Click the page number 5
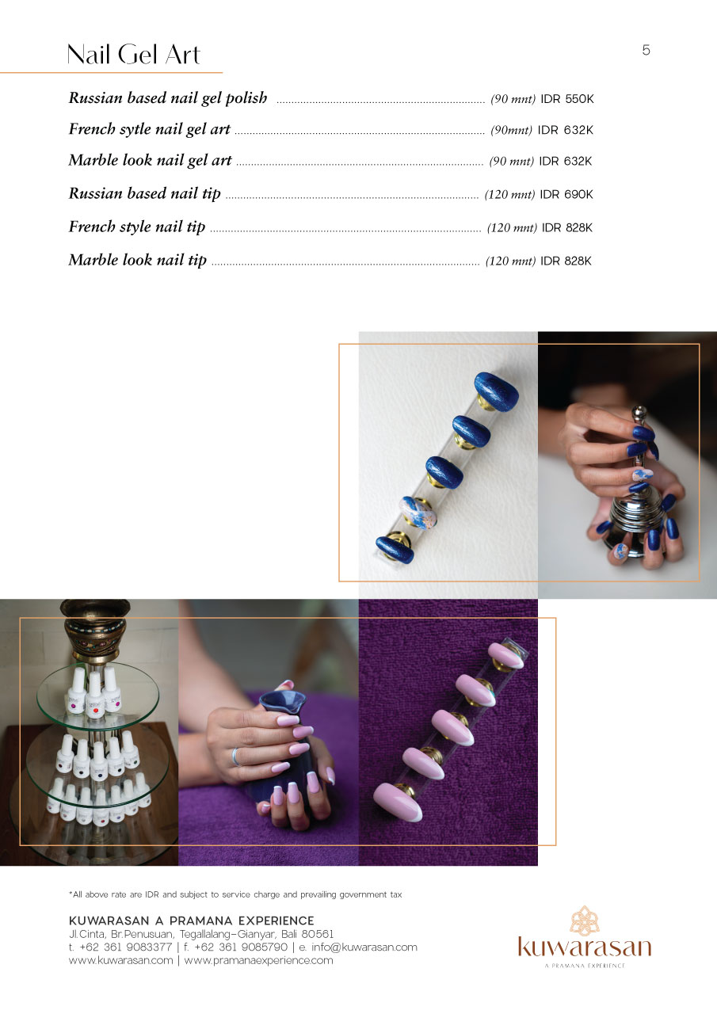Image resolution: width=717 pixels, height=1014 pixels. click(646, 50)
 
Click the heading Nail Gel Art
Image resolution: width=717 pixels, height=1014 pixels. click(133, 55)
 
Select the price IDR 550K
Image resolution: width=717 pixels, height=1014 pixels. click(566, 99)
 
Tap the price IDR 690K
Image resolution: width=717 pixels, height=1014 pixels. click(566, 195)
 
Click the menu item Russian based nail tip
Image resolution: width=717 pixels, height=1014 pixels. click(144, 194)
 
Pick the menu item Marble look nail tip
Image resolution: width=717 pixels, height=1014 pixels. click(138, 261)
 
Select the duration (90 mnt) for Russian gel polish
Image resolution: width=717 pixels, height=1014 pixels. click(513, 99)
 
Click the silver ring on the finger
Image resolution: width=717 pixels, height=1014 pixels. click(235, 757)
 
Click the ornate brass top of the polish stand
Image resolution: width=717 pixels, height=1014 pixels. click(94, 631)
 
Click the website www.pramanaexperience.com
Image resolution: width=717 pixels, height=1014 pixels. click(258, 960)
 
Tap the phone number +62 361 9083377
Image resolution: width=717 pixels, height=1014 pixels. click(125, 947)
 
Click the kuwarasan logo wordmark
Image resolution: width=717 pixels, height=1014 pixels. click(585, 946)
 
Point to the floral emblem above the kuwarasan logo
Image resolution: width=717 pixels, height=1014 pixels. click(585, 921)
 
